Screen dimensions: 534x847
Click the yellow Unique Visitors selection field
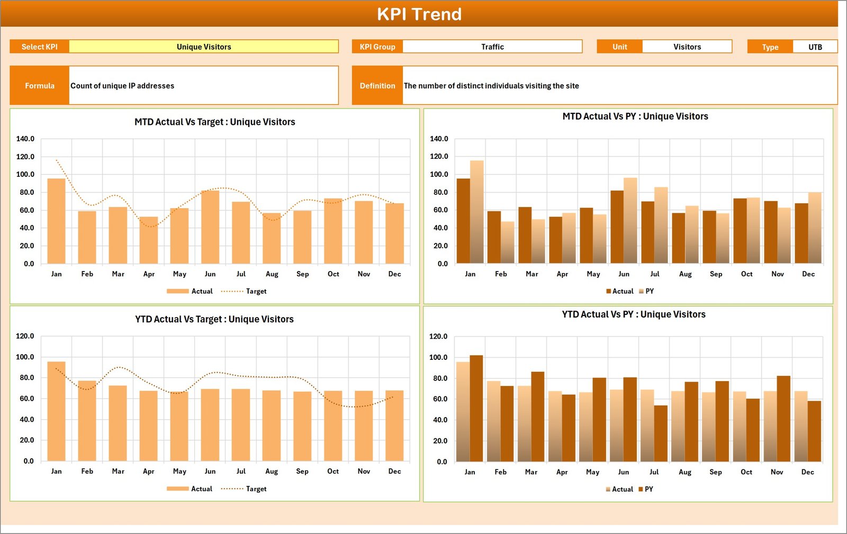tap(204, 47)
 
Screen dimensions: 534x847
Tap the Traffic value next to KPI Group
tap(492, 47)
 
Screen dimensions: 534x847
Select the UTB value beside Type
tap(815, 47)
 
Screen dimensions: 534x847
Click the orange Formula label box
tap(40, 85)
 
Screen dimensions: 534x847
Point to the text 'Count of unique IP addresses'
tap(122, 86)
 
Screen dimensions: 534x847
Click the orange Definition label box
tap(377, 85)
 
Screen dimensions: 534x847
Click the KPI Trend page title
tap(419, 14)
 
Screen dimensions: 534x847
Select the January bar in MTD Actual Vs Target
tap(57, 221)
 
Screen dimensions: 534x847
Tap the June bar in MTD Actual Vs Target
tap(210, 227)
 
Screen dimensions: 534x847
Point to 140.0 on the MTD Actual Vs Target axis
tap(25, 139)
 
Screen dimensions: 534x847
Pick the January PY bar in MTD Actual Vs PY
tap(477, 212)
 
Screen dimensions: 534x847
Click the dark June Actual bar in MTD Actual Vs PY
tap(617, 227)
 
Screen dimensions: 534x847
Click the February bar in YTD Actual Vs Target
tap(87, 421)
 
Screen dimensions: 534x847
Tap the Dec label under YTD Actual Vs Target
tap(394, 471)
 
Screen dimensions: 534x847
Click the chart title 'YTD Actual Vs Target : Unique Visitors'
tap(214, 319)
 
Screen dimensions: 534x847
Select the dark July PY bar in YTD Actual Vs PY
tap(661, 433)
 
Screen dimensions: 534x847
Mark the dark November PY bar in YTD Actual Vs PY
tap(783, 419)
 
